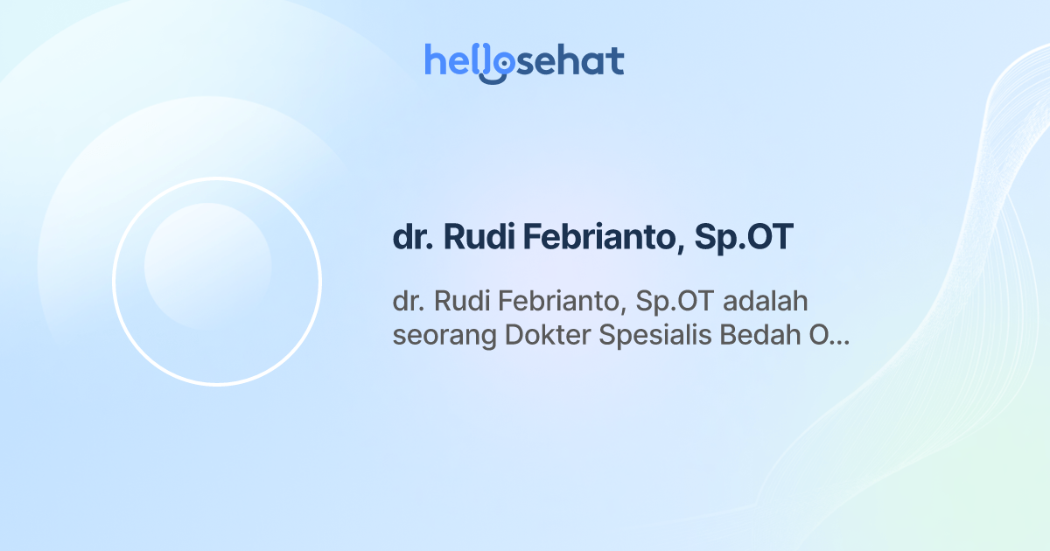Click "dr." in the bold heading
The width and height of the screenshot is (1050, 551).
(411, 238)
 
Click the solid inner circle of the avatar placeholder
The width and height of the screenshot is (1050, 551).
(207, 266)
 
